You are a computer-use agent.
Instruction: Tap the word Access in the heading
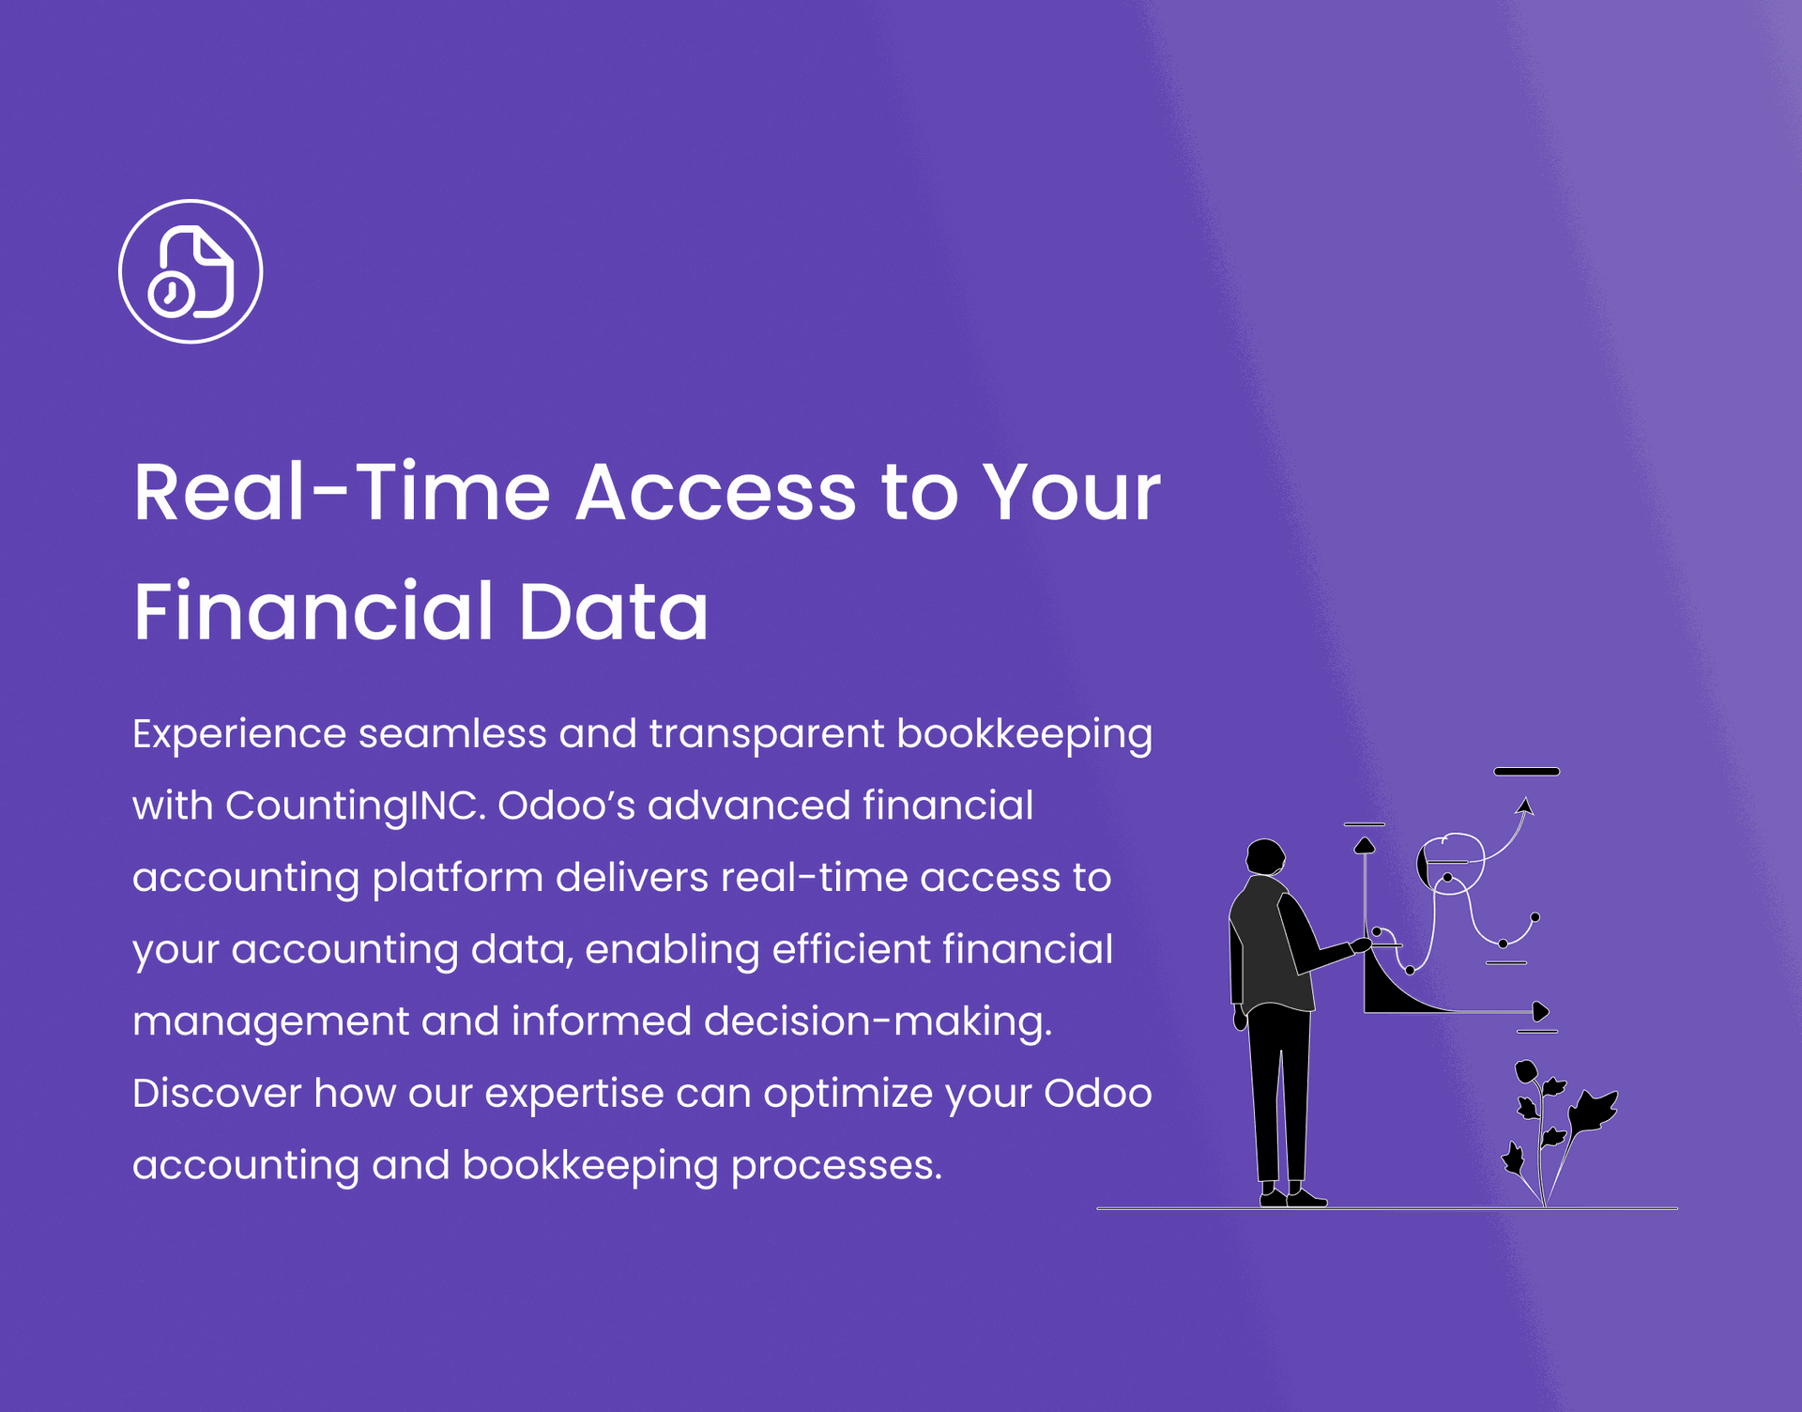(x=716, y=492)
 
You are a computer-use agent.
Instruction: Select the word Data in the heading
(x=613, y=611)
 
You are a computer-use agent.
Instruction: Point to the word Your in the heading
(x=1072, y=492)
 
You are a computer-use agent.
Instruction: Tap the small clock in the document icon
(x=171, y=294)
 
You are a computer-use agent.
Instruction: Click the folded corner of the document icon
(x=211, y=249)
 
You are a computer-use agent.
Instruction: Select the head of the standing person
(x=1265, y=856)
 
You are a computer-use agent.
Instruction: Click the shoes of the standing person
(x=1292, y=1197)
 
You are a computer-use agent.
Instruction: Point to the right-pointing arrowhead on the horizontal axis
(x=1540, y=1012)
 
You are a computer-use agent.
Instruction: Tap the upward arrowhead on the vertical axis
(x=1365, y=846)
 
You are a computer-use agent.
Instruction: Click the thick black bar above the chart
(x=1526, y=772)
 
